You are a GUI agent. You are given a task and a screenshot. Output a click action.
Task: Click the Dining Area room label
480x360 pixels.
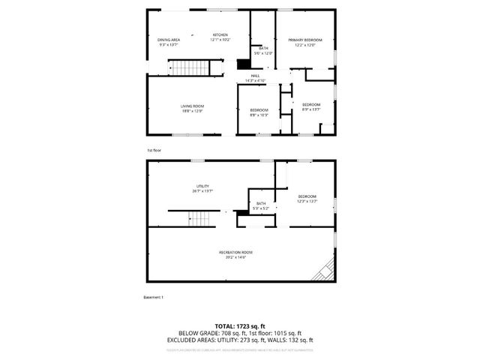pos(169,40)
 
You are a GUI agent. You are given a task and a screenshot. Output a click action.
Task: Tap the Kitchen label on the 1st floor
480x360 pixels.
pos(220,34)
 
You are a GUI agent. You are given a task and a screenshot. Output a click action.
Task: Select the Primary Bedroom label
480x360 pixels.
pos(307,40)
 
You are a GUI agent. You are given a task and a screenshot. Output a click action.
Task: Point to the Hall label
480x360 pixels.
pos(255,75)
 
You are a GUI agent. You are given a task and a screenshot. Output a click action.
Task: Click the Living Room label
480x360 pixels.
pos(192,106)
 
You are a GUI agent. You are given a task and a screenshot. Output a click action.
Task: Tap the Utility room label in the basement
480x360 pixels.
pos(202,186)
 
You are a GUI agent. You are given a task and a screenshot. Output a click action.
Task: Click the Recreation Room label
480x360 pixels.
pos(235,252)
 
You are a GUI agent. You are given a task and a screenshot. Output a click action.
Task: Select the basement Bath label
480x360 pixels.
pos(261,203)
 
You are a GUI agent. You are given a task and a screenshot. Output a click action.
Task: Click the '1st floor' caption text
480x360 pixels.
pos(153,150)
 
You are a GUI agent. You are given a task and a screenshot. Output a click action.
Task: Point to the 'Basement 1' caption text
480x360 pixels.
pos(153,297)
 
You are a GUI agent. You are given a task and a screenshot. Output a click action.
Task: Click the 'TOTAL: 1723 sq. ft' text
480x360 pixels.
pos(239,326)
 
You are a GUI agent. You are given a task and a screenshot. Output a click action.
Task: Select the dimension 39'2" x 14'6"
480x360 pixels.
pos(235,257)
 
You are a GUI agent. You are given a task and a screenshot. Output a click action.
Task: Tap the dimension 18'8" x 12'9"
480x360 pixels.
pos(192,111)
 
